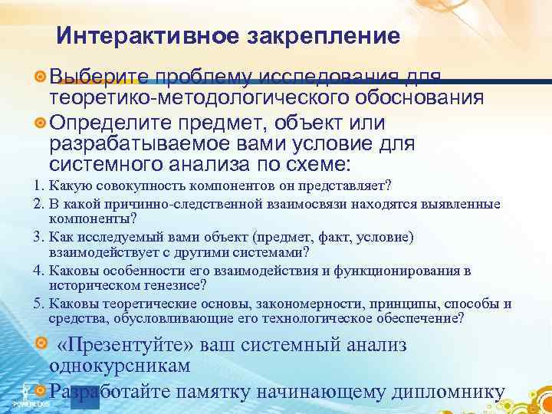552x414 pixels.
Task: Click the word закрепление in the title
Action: (318, 36)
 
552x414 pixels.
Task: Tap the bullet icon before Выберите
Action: (41, 77)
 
